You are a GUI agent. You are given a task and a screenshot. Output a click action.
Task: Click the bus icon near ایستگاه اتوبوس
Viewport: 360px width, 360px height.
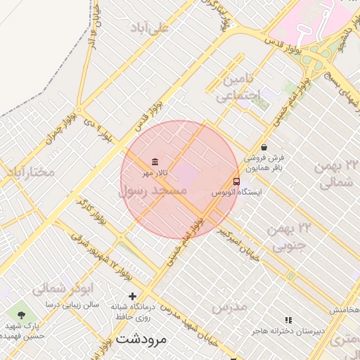[x=236, y=181]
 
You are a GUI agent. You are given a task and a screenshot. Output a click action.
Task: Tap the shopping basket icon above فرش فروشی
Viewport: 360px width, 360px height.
[x=264, y=147]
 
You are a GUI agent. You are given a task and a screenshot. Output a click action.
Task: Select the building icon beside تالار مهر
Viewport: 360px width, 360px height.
[x=155, y=161]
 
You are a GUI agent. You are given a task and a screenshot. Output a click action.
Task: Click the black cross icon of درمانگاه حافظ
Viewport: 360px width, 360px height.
[x=132, y=296]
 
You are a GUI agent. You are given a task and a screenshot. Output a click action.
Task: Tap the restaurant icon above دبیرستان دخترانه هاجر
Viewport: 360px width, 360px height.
[x=288, y=320]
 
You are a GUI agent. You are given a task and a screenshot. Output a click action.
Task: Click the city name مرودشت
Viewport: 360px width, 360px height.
[x=141, y=338]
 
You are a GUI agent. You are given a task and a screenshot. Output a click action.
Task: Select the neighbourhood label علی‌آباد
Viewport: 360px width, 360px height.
[x=150, y=28]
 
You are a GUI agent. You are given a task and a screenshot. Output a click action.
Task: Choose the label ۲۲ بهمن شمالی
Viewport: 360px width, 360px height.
[x=339, y=174]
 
